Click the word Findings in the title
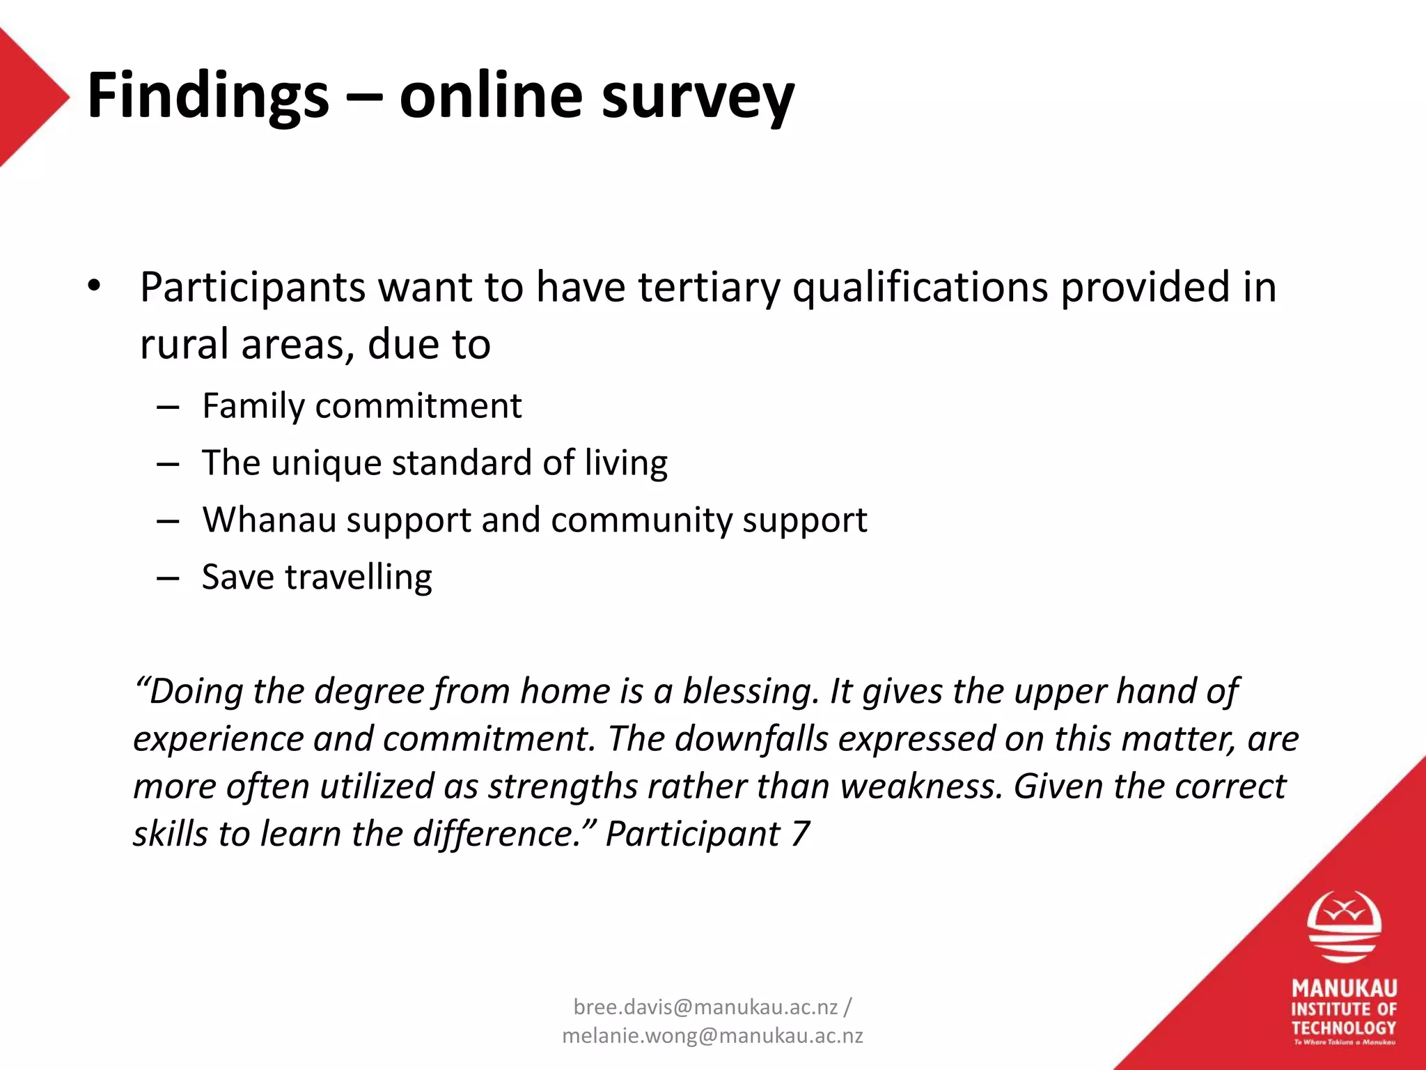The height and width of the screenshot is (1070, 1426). (x=207, y=96)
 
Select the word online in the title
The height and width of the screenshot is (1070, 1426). (x=491, y=96)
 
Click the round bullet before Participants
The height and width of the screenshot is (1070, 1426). (x=95, y=286)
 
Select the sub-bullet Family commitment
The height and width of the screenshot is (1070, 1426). (x=361, y=406)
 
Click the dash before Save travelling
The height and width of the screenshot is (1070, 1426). (x=168, y=577)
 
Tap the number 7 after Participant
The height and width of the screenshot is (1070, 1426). (x=799, y=834)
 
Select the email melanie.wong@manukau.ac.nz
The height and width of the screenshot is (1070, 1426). (x=712, y=1036)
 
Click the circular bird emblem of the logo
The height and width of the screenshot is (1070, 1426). (x=1344, y=926)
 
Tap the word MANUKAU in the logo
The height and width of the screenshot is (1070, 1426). (x=1344, y=988)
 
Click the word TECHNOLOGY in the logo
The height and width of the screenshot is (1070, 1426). (x=1344, y=1028)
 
